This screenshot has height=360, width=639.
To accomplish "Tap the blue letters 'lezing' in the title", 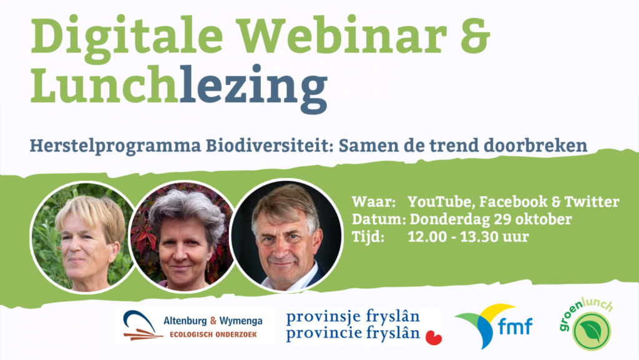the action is tap(253, 89).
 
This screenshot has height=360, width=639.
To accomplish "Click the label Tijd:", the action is tap(368, 236).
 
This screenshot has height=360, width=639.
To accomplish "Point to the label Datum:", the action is tap(379, 219).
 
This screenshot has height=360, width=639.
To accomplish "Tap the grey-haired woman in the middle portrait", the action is tap(183, 240).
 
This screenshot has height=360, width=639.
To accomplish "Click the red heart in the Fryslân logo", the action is tap(434, 338).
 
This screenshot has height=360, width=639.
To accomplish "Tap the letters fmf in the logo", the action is tap(515, 327).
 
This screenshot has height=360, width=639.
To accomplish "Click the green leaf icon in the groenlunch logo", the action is tap(591, 331).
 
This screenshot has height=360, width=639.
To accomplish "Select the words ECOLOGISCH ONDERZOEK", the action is tap(213, 334).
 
